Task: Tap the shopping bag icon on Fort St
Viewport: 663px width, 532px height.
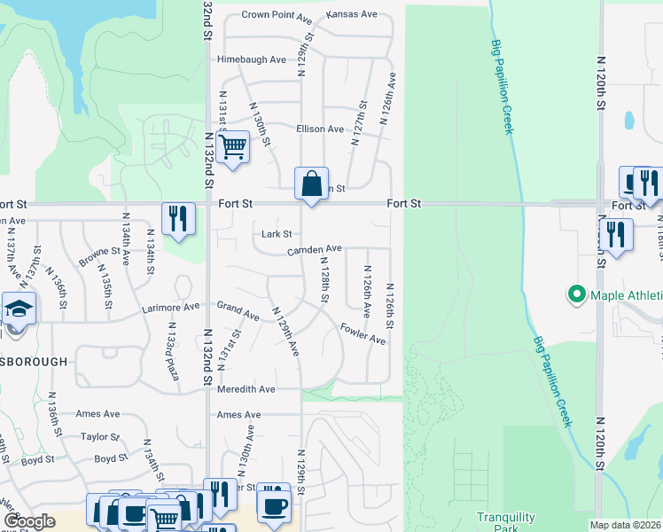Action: pos(311,184)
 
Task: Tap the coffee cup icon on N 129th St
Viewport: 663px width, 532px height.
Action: pos(273,505)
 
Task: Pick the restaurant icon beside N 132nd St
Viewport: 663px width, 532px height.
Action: pos(178,218)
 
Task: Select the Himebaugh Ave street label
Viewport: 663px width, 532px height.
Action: pos(252,59)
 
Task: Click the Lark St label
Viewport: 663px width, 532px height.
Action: pos(277,234)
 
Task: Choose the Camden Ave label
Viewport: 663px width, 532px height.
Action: pos(314,250)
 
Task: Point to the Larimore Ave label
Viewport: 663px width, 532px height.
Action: pos(171,309)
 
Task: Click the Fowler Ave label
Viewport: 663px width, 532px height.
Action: pos(363,333)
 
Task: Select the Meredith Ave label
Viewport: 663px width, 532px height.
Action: pos(246,389)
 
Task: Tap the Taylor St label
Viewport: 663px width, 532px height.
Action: pos(99,437)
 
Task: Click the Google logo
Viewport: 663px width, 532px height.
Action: pos(28,521)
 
